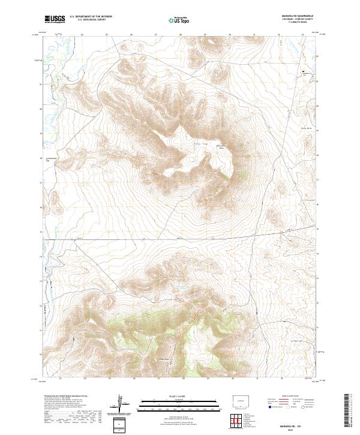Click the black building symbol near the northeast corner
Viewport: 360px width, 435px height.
pyautogui.click(x=302, y=73)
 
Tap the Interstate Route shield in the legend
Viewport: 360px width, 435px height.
pyautogui.click(x=268, y=407)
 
